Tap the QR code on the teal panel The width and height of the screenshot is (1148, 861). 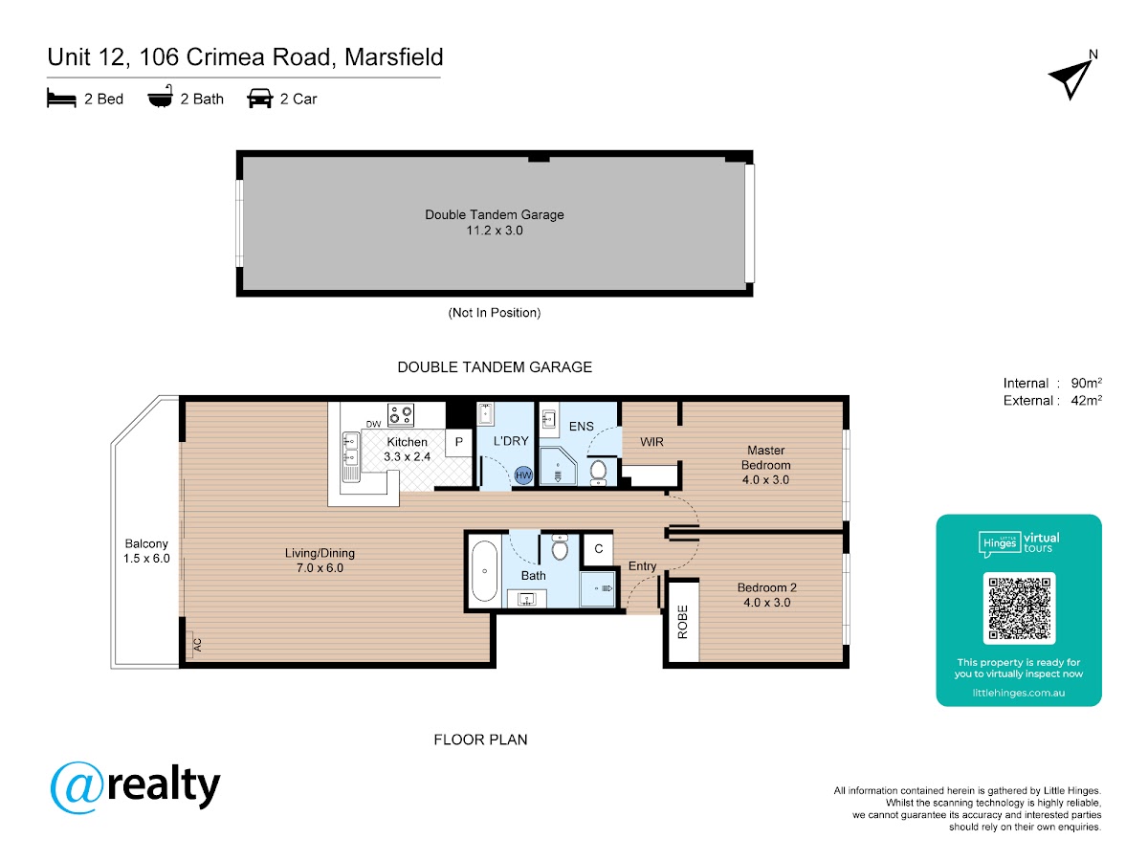[1018, 608]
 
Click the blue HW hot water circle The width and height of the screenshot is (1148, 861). [523, 475]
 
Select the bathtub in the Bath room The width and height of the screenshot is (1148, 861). [484, 571]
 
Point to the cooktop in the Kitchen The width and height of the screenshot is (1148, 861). [401, 415]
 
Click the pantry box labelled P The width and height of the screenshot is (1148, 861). [458, 442]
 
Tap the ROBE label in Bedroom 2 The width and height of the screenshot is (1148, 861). [682, 622]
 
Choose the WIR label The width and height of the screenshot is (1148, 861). [651, 442]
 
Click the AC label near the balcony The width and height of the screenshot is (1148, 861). [197, 645]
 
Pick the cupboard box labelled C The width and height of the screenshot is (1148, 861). [598, 549]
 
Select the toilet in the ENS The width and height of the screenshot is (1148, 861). [598, 471]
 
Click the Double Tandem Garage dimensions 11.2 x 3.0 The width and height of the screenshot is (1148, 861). [495, 231]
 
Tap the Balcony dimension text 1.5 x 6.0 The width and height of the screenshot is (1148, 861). [146, 559]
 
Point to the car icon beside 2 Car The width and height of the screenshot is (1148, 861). [260, 99]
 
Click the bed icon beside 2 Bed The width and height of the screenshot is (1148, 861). [61, 99]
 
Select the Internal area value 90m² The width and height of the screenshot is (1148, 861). [1086, 383]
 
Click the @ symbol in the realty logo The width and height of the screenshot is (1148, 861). [77, 787]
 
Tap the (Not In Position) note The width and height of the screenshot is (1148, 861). [495, 313]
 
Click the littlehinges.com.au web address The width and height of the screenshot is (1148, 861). [1018, 693]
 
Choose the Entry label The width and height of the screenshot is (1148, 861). [642, 566]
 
